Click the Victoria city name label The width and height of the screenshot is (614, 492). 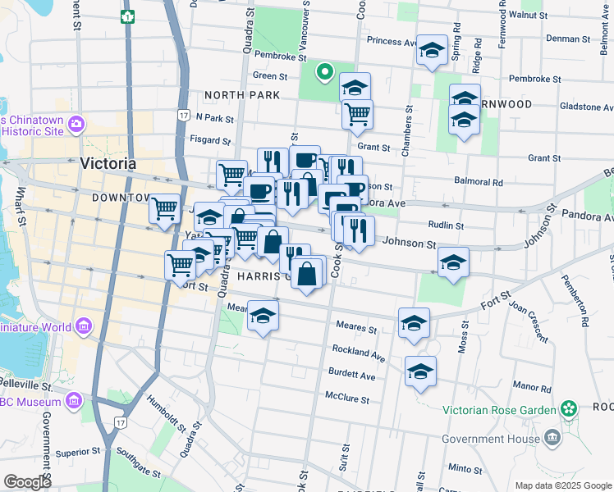[x=108, y=163]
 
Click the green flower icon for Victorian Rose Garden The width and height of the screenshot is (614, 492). [x=569, y=408]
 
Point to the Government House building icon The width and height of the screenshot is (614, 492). [x=552, y=438]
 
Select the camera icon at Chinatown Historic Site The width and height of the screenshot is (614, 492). [x=76, y=125]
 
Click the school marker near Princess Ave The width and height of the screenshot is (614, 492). [x=432, y=51]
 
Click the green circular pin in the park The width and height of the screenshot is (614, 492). [x=325, y=74]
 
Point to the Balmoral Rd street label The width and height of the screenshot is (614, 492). [x=478, y=182]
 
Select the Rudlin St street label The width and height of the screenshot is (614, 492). [x=447, y=225]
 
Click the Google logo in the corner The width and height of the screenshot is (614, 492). [x=28, y=482]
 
